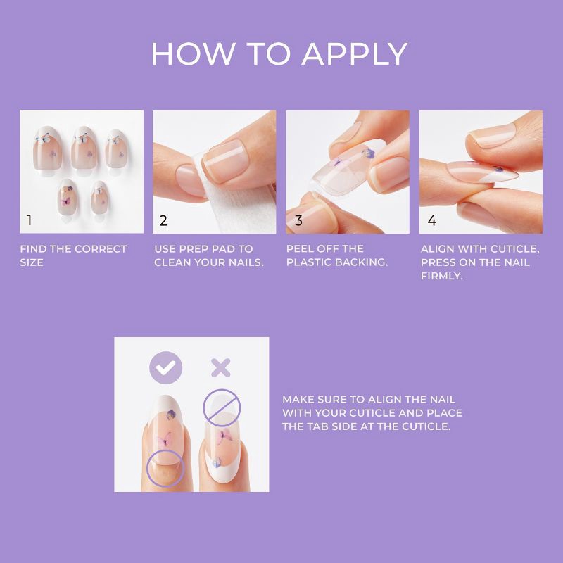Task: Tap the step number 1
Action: (x=29, y=221)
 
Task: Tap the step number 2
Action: (x=163, y=221)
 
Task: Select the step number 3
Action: (x=298, y=221)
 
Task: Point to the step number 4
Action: (x=431, y=221)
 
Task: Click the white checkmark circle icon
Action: (x=166, y=367)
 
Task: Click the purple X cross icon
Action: (x=221, y=367)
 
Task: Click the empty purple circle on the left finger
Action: (x=165, y=467)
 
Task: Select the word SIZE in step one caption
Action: (x=32, y=262)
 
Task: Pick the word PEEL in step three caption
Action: (x=300, y=249)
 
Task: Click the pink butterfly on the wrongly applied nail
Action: (x=224, y=436)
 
